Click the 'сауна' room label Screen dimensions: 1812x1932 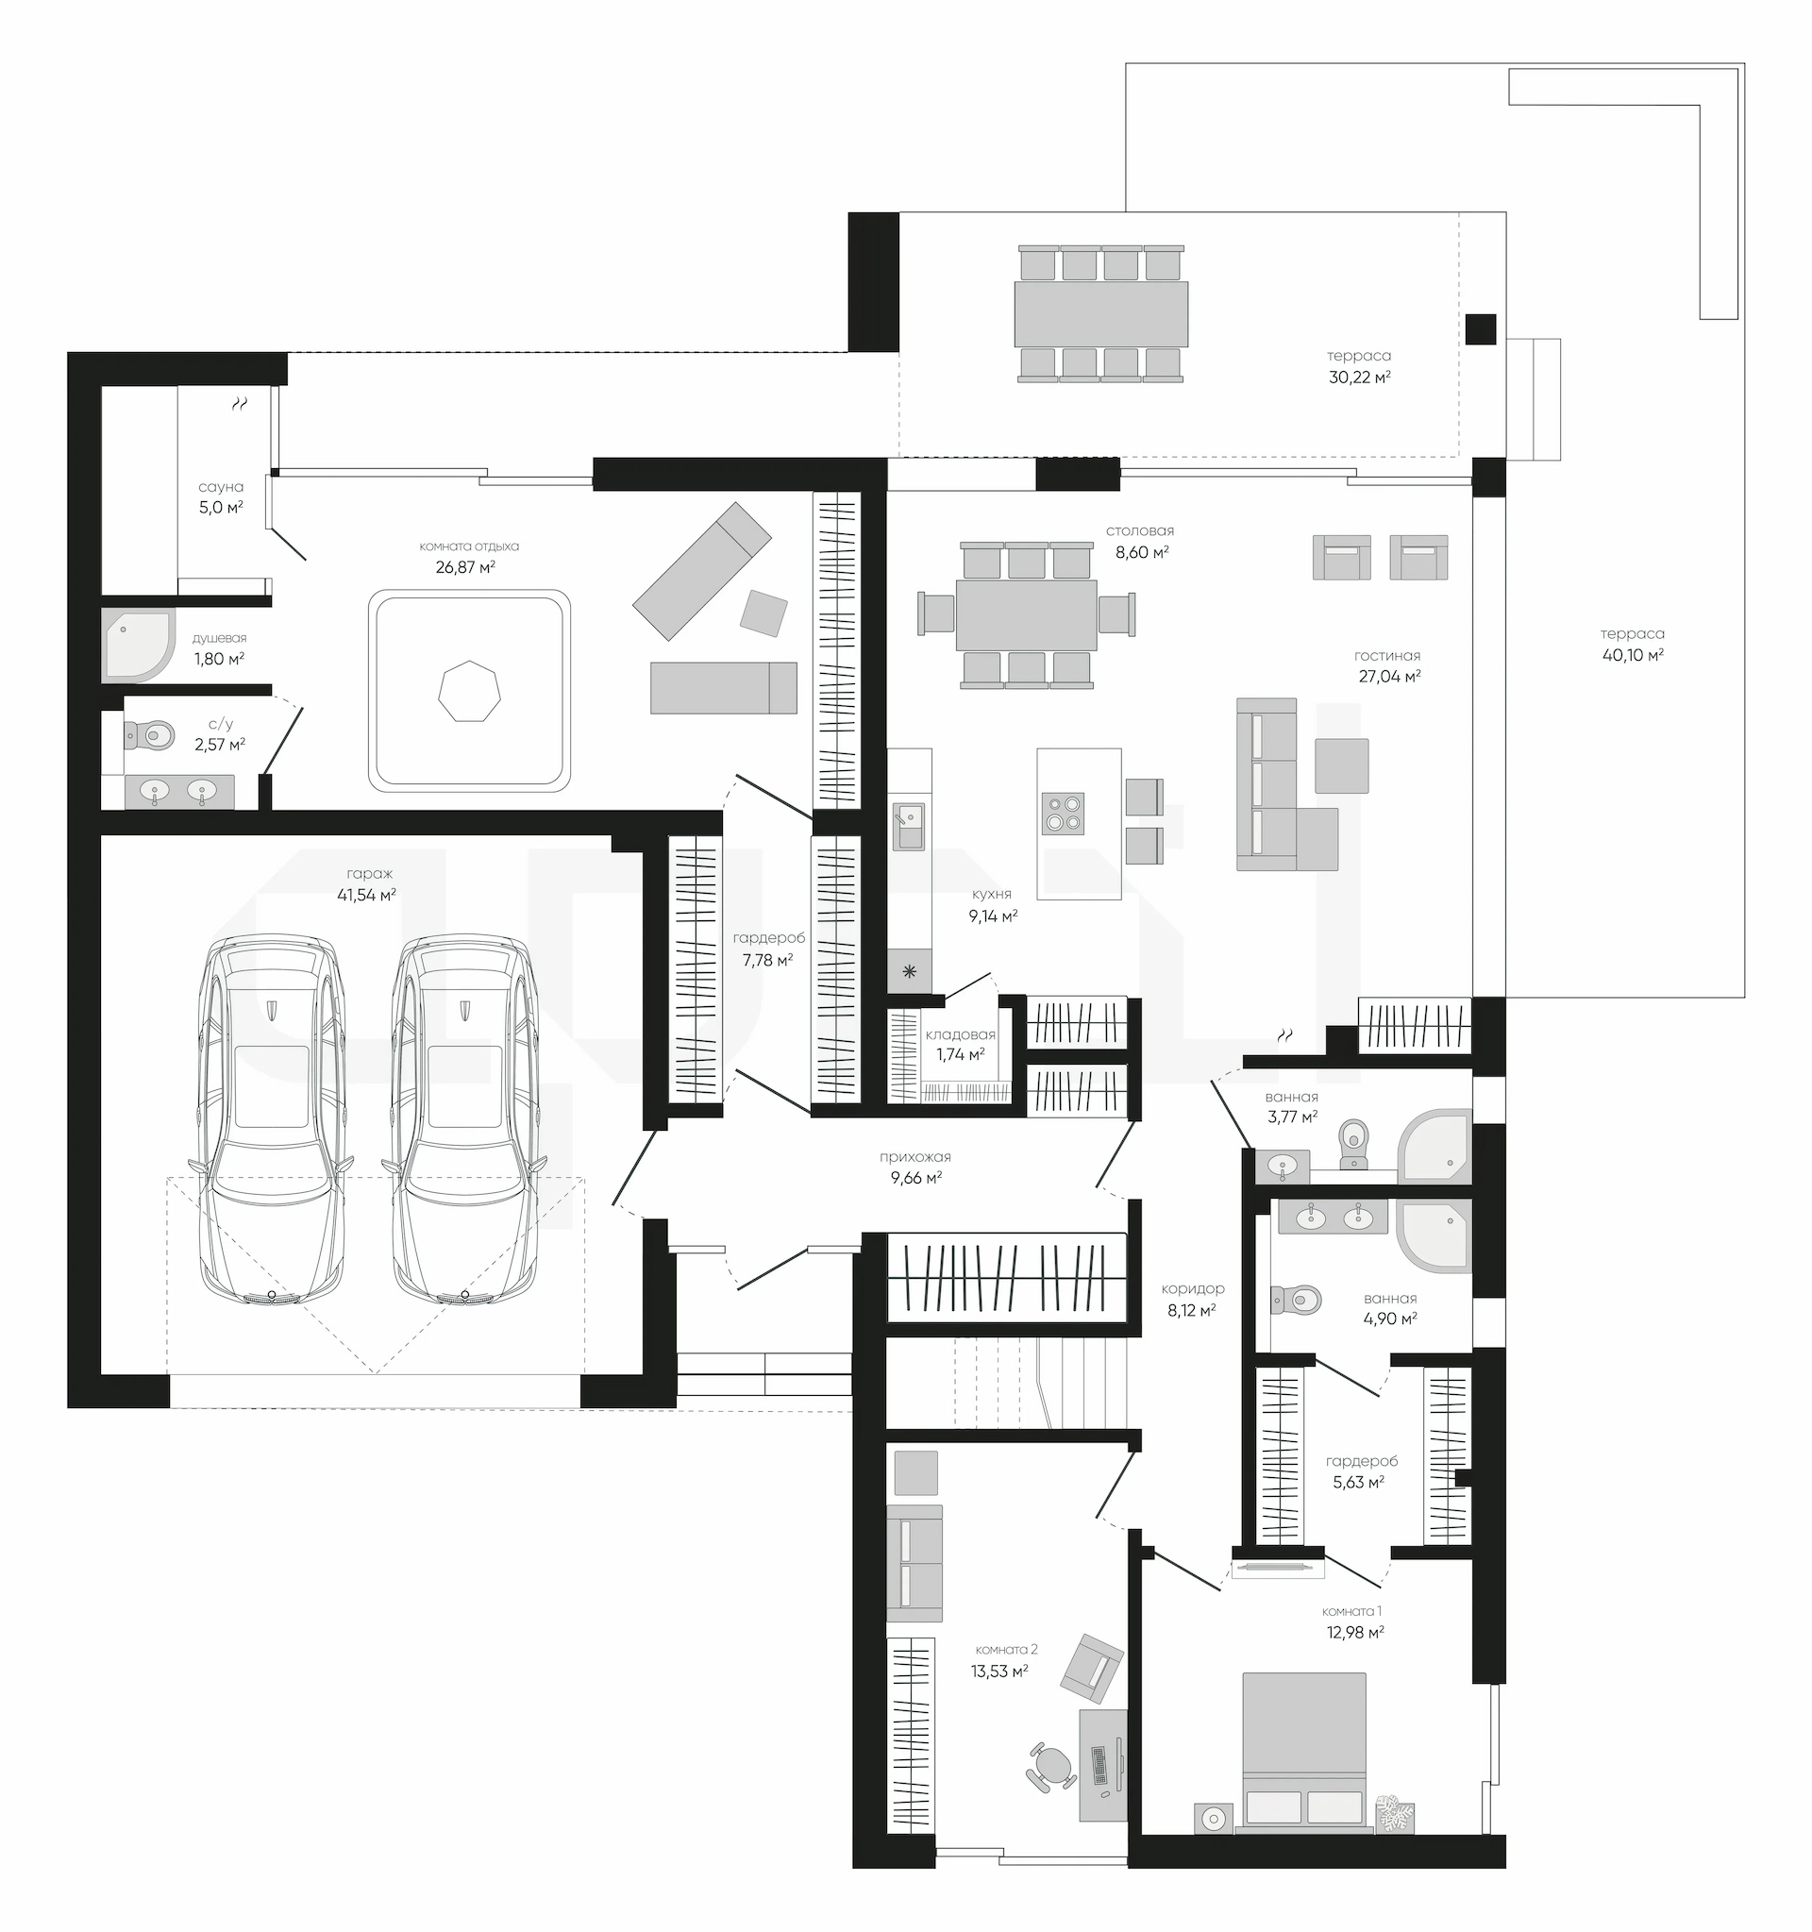[x=221, y=487]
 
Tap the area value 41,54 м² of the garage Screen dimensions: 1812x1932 [x=366, y=895]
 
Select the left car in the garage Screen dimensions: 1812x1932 [x=271, y=1121]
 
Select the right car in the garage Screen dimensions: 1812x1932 [x=464, y=1121]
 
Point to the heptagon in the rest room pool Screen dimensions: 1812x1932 [x=469, y=691]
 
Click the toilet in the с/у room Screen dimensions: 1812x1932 [x=147, y=734]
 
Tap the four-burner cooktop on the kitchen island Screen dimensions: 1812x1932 [x=1062, y=815]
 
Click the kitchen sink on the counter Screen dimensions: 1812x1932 [x=909, y=827]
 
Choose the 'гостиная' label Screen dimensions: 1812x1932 [x=1387, y=656]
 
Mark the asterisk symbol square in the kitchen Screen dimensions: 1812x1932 [x=910, y=971]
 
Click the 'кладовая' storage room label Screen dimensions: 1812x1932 [x=960, y=1035]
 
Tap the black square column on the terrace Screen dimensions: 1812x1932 [x=1480, y=329]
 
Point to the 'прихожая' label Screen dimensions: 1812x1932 [x=914, y=1157]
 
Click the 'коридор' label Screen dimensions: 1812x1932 [x=1192, y=1288]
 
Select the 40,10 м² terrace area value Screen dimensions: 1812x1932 [x=1633, y=655]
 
